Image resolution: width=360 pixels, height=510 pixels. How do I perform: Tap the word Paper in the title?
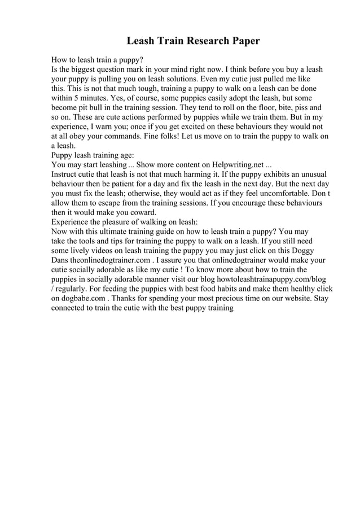point(244,41)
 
